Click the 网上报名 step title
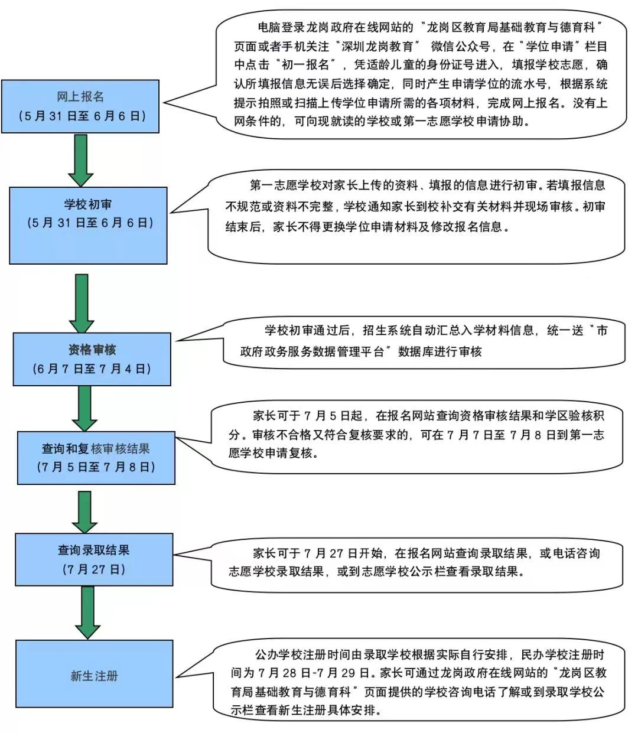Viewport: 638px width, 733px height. coord(80,96)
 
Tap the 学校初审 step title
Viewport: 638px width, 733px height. coord(88,204)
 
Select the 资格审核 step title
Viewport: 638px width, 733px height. coord(92,350)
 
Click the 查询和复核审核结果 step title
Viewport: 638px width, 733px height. coord(96,448)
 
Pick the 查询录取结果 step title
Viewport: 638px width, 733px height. coord(93,550)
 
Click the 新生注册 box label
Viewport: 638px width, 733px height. coord(94,676)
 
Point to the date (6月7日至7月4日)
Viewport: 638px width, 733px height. coord(92,369)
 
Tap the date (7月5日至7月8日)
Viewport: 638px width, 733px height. coord(96,467)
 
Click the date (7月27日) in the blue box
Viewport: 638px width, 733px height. coord(93,569)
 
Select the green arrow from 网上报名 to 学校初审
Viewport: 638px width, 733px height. coord(81,159)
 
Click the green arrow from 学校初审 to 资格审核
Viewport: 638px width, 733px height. coord(82,302)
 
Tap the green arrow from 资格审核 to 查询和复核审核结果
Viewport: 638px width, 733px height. coord(84,408)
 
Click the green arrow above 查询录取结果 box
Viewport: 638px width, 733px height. coord(85,511)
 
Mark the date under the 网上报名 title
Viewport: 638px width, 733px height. coord(80,116)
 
